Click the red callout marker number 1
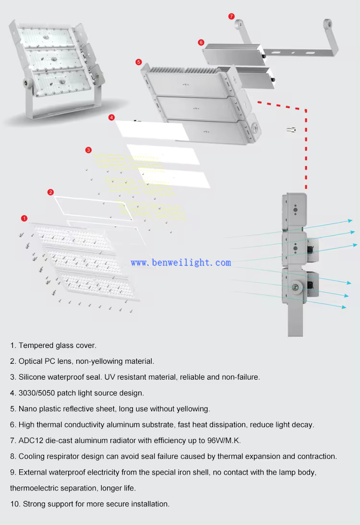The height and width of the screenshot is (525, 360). (x=24, y=218)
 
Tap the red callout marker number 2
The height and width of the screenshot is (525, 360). (x=51, y=192)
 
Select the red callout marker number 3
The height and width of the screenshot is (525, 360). (x=88, y=150)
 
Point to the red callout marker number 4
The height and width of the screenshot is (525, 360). (x=111, y=117)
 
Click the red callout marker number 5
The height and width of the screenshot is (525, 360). (x=139, y=62)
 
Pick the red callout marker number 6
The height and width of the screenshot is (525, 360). (x=201, y=42)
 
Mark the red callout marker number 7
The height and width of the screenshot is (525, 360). (x=231, y=16)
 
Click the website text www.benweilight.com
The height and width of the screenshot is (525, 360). (x=180, y=262)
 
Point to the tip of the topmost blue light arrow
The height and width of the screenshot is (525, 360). (x=352, y=221)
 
